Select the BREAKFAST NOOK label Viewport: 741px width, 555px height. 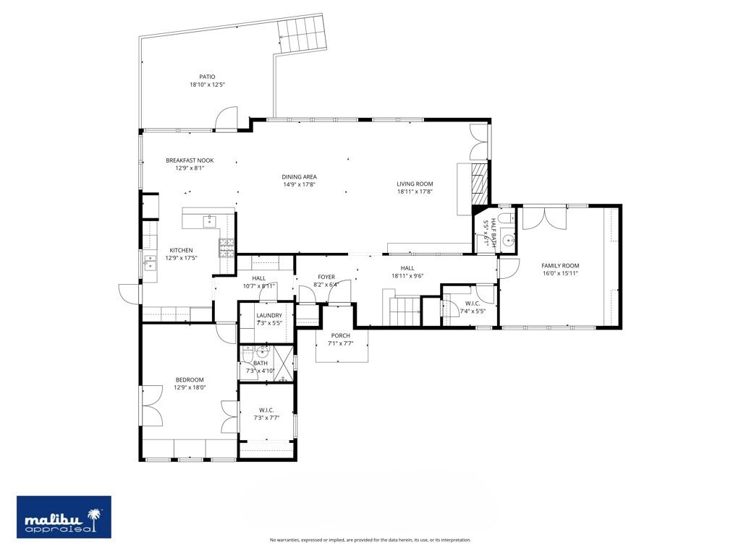[x=190, y=160]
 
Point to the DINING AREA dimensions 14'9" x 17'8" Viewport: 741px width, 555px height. [x=299, y=184]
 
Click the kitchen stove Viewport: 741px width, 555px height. [x=226, y=247]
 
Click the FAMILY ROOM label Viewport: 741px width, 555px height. [x=560, y=265]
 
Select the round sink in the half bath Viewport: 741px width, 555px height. [x=508, y=241]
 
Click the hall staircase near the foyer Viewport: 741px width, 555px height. [x=405, y=311]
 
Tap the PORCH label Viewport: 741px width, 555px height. [x=340, y=335]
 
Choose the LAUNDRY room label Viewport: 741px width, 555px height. [x=269, y=315]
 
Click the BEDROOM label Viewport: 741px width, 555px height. [x=190, y=379]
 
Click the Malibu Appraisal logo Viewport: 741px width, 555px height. [x=64, y=517]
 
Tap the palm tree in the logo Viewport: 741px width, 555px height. [x=93, y=517]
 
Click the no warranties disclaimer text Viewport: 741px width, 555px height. [x=370, y=540]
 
